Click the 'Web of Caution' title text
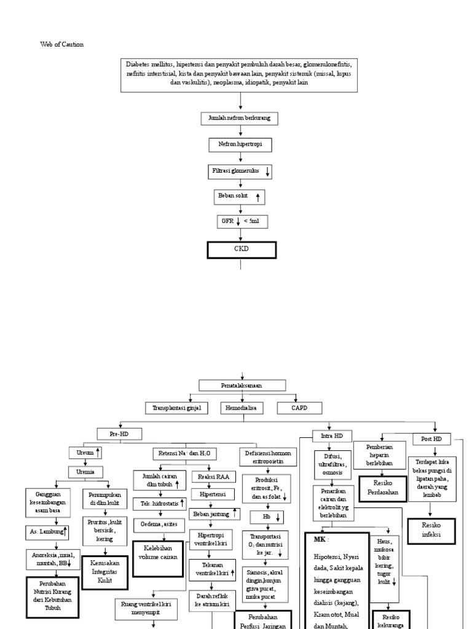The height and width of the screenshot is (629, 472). [61, 45]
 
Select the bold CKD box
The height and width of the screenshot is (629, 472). [240, 251]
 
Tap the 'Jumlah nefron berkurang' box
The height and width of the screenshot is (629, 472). [240, 117]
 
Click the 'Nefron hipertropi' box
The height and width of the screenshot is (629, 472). [240, 144]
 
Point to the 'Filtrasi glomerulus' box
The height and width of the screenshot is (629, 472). [240, 171]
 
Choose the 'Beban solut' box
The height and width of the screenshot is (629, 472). [240, 197]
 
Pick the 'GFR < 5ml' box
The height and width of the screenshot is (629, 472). [240, 221]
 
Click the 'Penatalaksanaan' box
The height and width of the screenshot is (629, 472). [242, 386]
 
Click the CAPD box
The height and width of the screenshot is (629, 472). [299, 407]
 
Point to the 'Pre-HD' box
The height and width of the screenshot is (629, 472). [119, 434]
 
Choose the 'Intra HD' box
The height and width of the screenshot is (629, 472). [332, 436]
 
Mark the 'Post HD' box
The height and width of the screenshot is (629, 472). [432, 439]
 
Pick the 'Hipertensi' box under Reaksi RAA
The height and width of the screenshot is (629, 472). [211, 494]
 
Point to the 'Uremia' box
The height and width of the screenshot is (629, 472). [85, 472]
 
